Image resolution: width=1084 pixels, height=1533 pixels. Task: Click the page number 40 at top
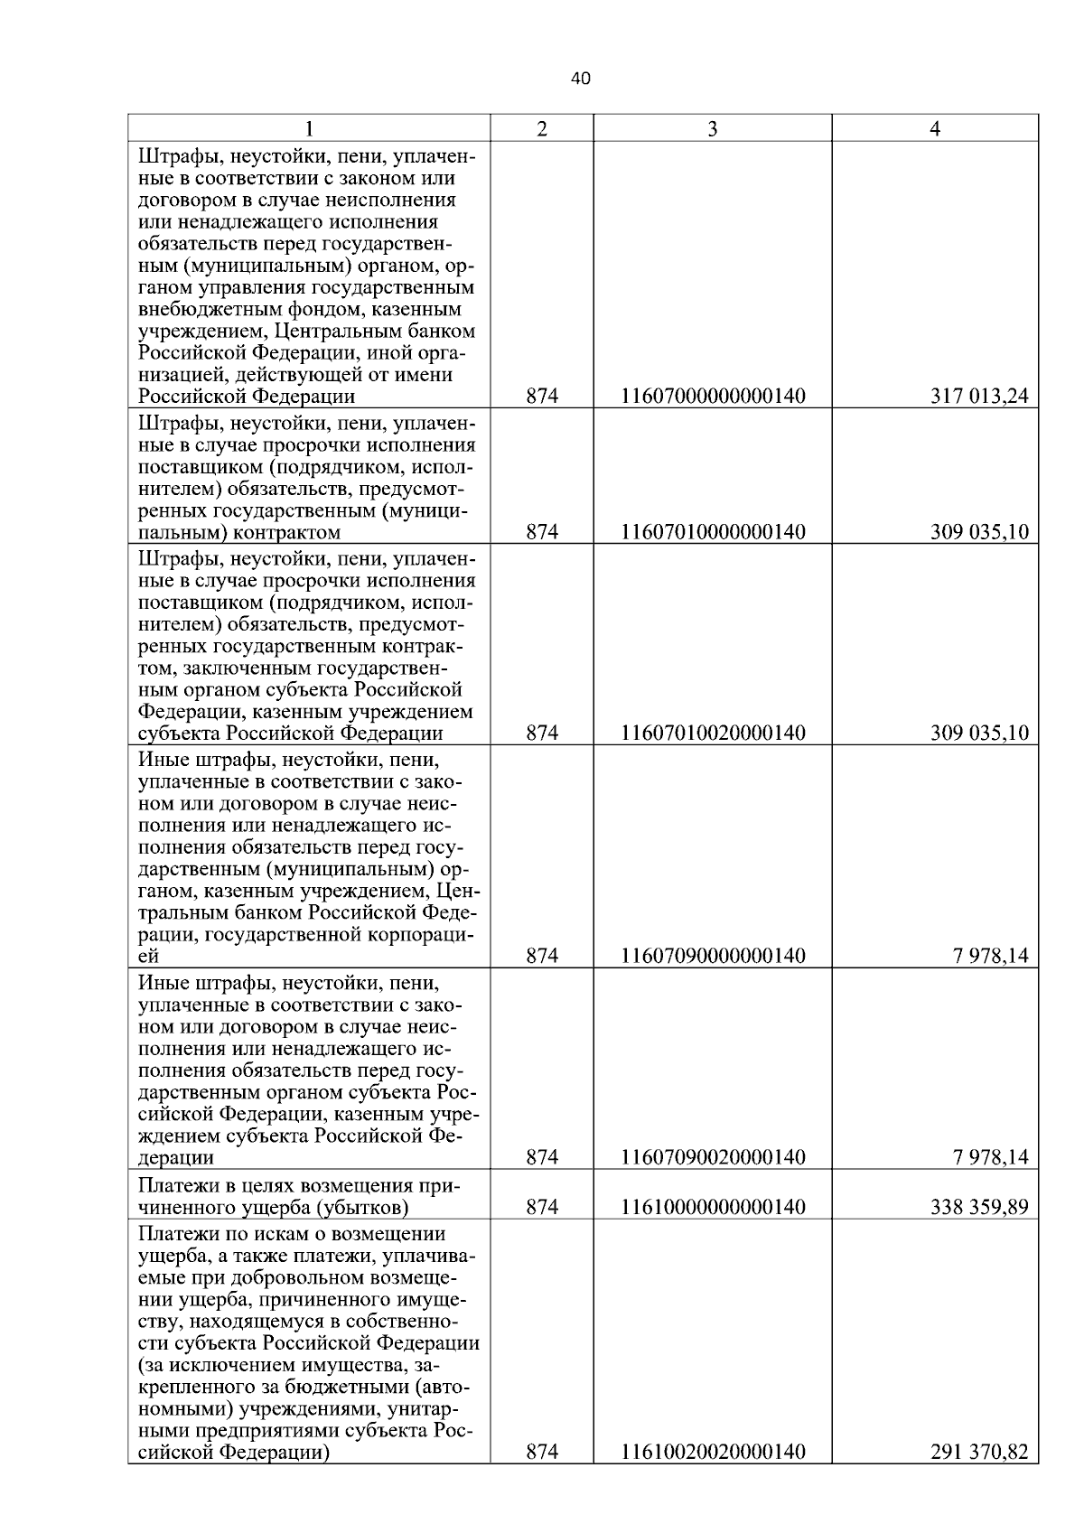[x=581, y=79]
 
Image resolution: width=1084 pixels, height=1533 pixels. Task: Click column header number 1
[x=310, y=129]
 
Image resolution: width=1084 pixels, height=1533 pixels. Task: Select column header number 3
[x=712, y=129]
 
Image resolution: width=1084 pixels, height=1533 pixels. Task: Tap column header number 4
[x=935, y=129]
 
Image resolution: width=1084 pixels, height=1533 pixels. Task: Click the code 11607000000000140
[x=713, y=397]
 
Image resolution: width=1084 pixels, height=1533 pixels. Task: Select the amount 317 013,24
[x=979, y=397]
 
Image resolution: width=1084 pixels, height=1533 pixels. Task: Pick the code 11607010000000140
[x=713, y=531]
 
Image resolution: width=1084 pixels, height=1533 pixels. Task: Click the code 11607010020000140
[x=713, y=733]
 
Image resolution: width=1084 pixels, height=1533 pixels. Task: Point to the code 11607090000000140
[x=713, y=956]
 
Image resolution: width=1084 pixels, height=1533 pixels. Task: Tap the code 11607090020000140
[x=713, y=1157]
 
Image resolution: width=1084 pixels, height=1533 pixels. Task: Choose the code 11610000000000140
[x=713, y=1207]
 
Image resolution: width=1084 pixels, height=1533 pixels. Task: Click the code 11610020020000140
[x=713, y=1452]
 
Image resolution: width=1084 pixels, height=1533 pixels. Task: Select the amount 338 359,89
[x=979, y=1207]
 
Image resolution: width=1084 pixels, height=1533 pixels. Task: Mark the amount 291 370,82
[x=979, y=1452]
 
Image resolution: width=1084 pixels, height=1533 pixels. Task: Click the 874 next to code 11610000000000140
[x=542, y=1207]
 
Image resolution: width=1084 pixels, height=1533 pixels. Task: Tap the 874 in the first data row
[x=542, y=397]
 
